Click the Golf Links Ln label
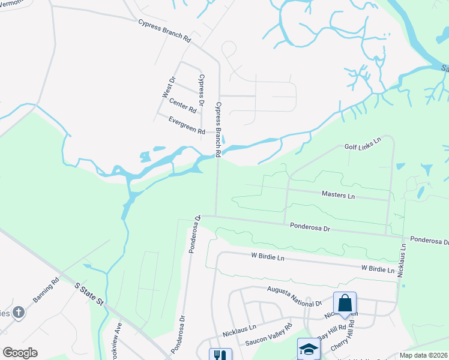pos(363,144)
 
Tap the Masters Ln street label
pos(338,195)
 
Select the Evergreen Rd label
pos(187,127)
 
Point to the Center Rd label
pos(182,106)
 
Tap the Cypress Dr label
pos(202,90)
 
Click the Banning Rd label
pos(46,290)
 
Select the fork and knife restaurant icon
pos(220,355)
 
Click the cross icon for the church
pos(19,312)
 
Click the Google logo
pos(20,353)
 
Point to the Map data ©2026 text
pos(423,355)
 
